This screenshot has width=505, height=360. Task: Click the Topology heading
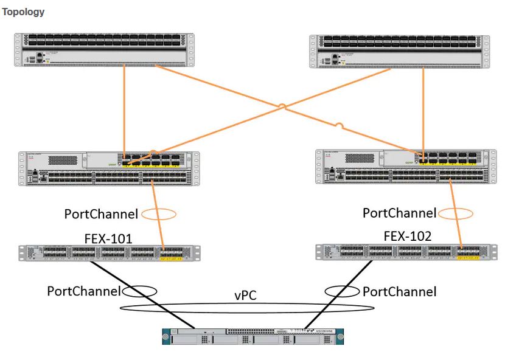[x=23, y=12]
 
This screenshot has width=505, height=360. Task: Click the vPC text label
[x=245, y=295]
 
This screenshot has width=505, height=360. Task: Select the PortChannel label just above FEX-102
[x=399, y=213]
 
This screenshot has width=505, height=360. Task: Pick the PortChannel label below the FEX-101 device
[x=84, y=291]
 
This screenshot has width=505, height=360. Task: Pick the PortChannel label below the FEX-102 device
[x=399, y=291]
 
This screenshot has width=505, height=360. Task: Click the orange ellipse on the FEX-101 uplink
[x=158, y=214]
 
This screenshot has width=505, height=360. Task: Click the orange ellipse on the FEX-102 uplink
[x=455, y=213]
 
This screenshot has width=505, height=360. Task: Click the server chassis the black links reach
[x=252, y=336]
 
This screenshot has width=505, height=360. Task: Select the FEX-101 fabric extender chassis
[x=109, y=253]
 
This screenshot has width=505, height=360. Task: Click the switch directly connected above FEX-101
[x=108, y=168]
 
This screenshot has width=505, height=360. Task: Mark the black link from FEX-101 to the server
[x=140, y=294]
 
